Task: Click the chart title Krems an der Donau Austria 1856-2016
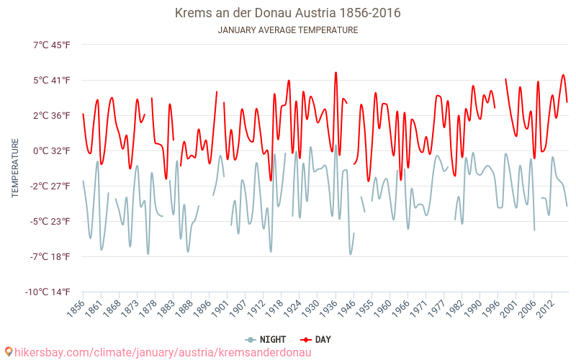coord(287,13)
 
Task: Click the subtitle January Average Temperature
coord(287,30)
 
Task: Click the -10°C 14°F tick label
coord(50,292)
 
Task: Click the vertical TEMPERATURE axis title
coord(15,168)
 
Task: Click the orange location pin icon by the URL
coord(8,352)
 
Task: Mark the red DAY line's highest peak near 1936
coord(336,72)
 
